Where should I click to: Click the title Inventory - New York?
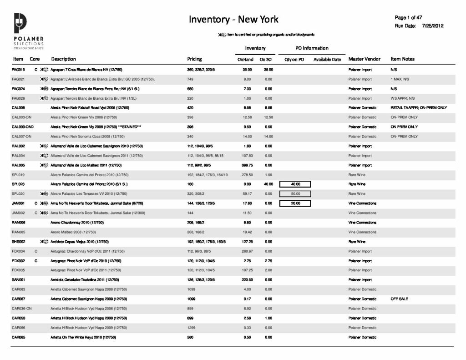tap(233, 19)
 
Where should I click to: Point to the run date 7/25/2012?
tap(432, 25)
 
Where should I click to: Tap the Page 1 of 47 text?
tap(409, 17)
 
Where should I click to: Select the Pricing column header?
tap(194, 59)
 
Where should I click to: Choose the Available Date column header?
tap(327, 60)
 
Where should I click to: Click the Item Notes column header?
tap(402, 59)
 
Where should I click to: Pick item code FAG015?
tap(18, 70)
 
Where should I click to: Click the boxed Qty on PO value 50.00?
tap(296, 194)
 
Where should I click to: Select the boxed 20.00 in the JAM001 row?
tap(296, 203)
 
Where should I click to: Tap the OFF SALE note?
tap(399, 299)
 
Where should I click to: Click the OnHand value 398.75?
tap(248, 165)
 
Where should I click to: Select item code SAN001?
tap(18, 280)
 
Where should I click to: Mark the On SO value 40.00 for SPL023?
tap(268, 184)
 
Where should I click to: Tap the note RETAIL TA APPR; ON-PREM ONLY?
tap(418, 108)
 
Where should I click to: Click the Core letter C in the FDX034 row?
tap(35, 251)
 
